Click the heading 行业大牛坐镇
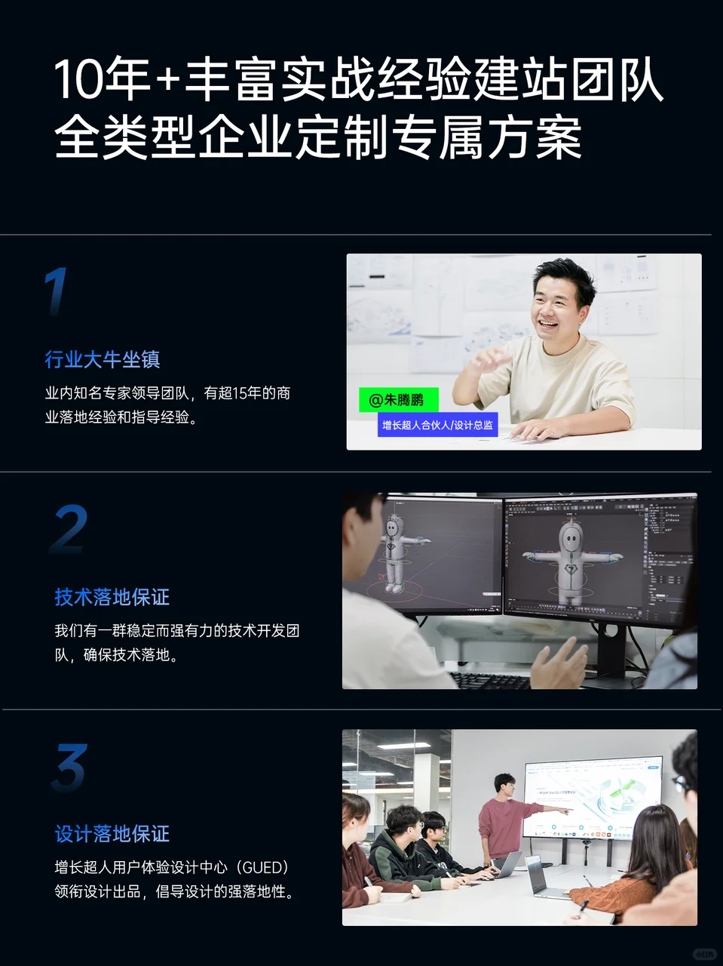103,360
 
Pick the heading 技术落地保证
112,598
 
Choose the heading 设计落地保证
112,835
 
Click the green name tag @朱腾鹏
397,400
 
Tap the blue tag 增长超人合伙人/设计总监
437,426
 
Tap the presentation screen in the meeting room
593,797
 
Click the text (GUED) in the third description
257,868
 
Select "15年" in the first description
247,393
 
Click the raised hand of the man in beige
489,361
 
